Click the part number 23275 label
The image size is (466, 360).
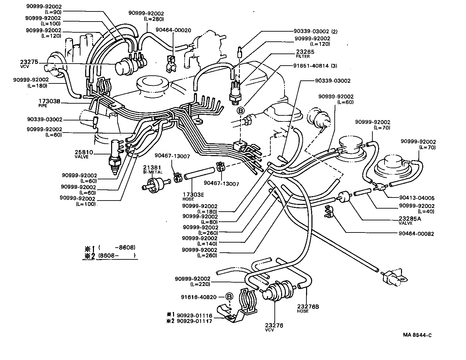click(x=29, y=62)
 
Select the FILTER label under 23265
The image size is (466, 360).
click(x=302, y=57)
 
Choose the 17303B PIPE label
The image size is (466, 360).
click(x=49, y=101)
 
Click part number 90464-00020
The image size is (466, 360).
click(x=173, y=30)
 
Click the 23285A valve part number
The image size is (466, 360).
click(x=410, y=219)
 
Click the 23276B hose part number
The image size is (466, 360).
click(x=308, y=307)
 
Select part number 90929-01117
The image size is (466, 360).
click(x=194, y=321)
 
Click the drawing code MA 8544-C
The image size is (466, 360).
click(x=417, y=335)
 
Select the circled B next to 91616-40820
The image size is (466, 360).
click(x=229, y=297)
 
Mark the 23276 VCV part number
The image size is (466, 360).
click(x=274, y=325)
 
